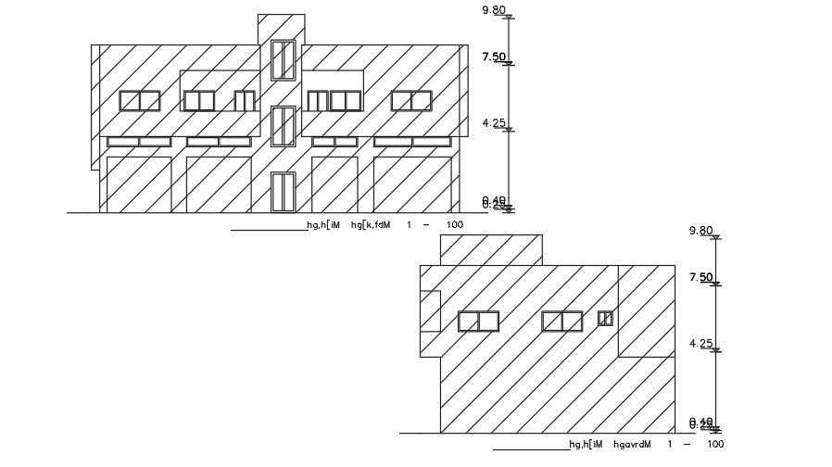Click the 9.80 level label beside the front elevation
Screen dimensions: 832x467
495,10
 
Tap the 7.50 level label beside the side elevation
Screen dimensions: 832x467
701,277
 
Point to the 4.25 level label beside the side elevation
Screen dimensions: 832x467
701,344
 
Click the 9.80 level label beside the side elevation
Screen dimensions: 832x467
701,231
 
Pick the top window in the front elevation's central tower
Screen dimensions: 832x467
283,60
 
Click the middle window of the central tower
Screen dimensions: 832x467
283,126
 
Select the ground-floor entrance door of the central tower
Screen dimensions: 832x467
283,192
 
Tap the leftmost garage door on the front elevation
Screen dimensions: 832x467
139,184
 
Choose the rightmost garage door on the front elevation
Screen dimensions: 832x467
412,184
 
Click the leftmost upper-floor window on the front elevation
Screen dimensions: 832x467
140,100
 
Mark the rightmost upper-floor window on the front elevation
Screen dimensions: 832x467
410,100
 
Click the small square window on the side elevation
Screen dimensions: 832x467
605,318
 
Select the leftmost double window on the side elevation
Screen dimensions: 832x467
478,321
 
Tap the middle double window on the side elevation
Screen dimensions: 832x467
562,321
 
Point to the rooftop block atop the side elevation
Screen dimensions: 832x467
490,249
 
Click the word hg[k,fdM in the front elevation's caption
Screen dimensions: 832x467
372,225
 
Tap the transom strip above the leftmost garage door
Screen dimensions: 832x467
139,142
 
